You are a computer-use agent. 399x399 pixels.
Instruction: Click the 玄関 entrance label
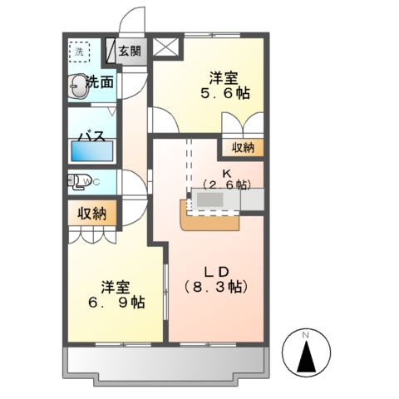tap(130, 51)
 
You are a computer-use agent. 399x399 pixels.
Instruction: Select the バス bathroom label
tap(91, 135)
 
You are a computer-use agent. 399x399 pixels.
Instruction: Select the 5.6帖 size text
tap(222, 96)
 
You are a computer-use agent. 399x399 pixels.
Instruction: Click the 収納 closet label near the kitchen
tap(243, 148)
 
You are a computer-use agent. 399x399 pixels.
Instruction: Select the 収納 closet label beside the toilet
tap(92, 213)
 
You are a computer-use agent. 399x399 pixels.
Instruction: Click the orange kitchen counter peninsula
tap(207, 219)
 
